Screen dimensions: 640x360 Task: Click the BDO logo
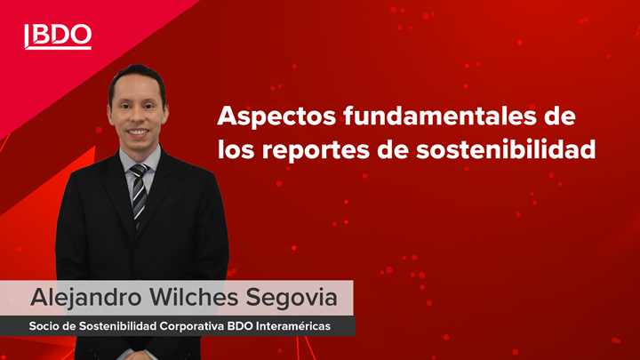tap(58, 36)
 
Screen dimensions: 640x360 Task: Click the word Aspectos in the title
tap(276, 116)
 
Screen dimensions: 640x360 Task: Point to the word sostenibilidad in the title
tap(506, 148)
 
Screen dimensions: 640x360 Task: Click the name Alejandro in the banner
tap(86, 298)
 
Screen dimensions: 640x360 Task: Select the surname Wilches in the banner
tap(194, 297)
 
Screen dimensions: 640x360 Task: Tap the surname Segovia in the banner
tap(292, 297)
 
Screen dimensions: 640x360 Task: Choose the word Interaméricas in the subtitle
tap(292, 326)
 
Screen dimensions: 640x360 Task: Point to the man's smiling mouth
tap(138, 132)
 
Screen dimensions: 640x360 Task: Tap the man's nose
tap(137, 118)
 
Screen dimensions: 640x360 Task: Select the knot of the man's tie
tap(140, 170)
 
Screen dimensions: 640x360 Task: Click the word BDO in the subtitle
tap(240, 326)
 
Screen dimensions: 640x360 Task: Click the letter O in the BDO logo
tap(80, 35)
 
